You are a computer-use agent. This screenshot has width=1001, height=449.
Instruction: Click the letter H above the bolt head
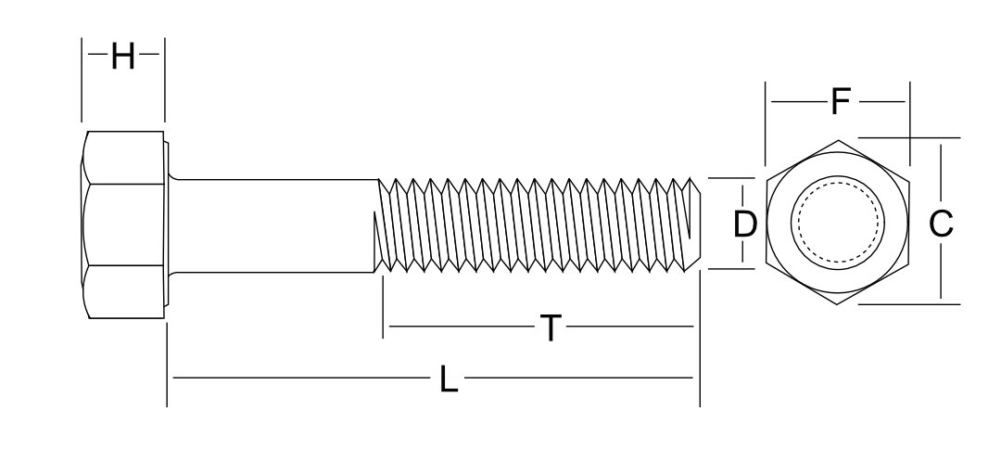click(x=122, y=58)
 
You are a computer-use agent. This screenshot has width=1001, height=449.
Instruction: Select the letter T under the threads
click(x=551, y=327)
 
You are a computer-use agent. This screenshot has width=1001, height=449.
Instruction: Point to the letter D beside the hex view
click(x=745, y=224)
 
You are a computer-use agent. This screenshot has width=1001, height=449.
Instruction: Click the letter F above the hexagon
click(x=840, y=101)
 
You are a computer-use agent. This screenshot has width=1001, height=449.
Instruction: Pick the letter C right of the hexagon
click(x=941, y=224)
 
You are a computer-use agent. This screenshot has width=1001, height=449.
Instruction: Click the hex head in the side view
click(x=123, y=225)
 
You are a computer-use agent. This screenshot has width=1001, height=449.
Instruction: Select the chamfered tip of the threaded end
click(x=694, y=224)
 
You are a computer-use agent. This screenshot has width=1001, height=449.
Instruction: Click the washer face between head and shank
click(x=168, y=225)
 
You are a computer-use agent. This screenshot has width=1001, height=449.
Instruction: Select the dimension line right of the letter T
click(x=630, y=327)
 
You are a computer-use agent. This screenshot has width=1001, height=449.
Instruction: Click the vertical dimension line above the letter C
click(x=942, y=172)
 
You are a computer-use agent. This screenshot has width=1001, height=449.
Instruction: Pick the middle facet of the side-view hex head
click(x=123, y=225)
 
